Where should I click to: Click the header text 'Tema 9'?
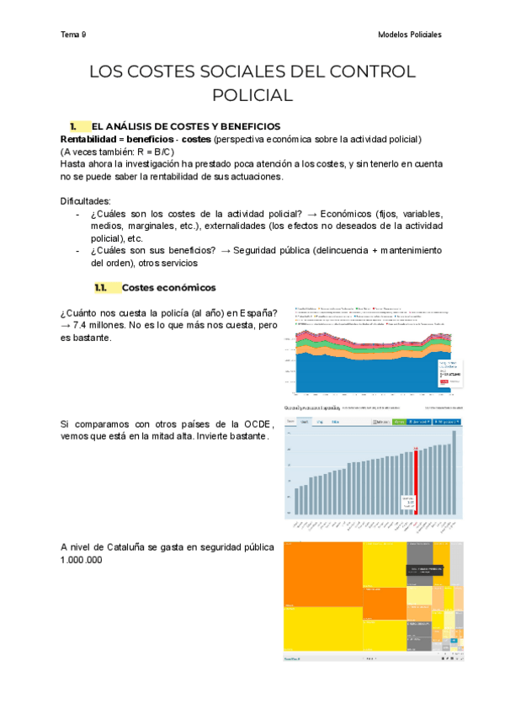coord(73,35)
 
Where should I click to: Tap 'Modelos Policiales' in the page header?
coord(411,35)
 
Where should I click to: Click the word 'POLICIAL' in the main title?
coord(252,95)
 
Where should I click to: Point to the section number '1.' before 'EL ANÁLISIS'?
coord(74,125)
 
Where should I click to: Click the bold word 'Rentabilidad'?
coord(88,138)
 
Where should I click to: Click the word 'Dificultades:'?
coord(86,201)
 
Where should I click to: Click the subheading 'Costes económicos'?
coord(168,287)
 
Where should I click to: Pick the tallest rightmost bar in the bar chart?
coord(455,472)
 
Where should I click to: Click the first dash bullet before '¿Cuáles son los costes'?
coord(79,214)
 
